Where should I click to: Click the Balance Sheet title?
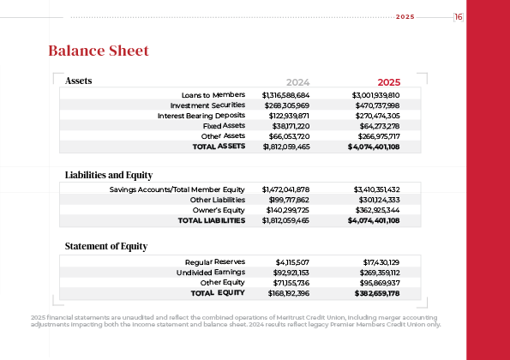point(99,51)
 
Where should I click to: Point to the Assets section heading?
point(79,81)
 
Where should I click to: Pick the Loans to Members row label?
point(213,93)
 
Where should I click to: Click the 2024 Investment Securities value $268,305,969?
point(287,104)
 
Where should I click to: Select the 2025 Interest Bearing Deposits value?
point(376,115)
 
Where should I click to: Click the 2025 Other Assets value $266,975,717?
point(376,136)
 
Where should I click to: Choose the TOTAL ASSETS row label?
point(219,147)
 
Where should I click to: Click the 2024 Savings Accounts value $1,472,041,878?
point(285,189)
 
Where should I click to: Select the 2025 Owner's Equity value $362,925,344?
point(376,210)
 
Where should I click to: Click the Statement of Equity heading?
point(106,247)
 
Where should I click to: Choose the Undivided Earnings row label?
point(211,272)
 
